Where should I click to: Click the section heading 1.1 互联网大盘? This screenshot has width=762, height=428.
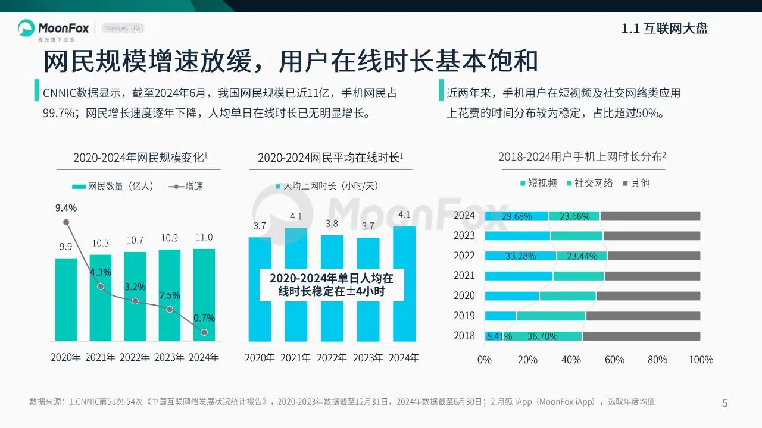click(664, 29)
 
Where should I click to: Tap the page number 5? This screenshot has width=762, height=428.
click(724, 404)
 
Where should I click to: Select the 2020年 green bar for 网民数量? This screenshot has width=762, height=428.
click(65, 300)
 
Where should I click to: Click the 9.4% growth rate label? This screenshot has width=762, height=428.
click(66, 208)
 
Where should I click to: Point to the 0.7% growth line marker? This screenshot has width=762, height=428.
click(204, 332)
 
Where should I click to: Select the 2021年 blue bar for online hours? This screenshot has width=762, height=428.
click(296, 284)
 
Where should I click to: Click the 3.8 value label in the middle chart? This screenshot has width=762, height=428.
click(332, 224)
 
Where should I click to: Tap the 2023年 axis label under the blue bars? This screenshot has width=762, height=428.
click(367, 358)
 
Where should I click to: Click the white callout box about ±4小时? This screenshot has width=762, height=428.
click(331, 285)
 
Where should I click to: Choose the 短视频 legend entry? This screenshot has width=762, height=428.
click(539, 183)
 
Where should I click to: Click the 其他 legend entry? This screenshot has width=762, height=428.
click(636, 183)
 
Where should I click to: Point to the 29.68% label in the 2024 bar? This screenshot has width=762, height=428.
click(517, 216)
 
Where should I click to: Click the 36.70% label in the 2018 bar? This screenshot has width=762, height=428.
click(542, 336)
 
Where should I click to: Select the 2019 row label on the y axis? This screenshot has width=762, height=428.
click(464, 316)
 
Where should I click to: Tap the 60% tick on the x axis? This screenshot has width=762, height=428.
click(614, 360)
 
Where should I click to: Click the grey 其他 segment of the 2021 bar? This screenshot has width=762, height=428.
click(652, 276)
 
